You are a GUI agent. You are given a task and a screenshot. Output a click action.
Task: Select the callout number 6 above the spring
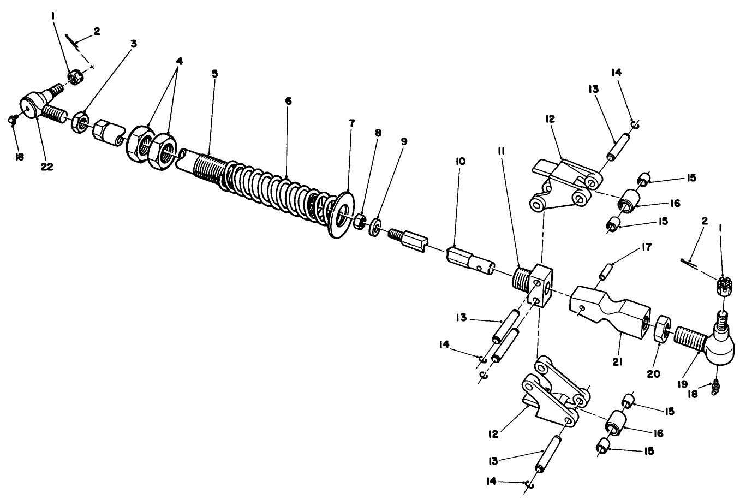[x=288, y=101]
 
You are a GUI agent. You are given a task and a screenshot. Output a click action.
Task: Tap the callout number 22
[x=47, y=167]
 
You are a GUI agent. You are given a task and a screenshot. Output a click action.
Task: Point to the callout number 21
[x=618, y=361]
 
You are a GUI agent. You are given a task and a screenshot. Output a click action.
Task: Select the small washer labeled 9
[x=375, y=227]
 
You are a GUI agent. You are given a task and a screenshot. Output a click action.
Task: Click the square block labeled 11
[x=539, y=284]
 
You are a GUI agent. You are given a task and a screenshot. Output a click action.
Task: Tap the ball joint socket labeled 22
[x=32, y=104]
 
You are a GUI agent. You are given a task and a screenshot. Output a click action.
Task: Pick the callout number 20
[x=653, y=374]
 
